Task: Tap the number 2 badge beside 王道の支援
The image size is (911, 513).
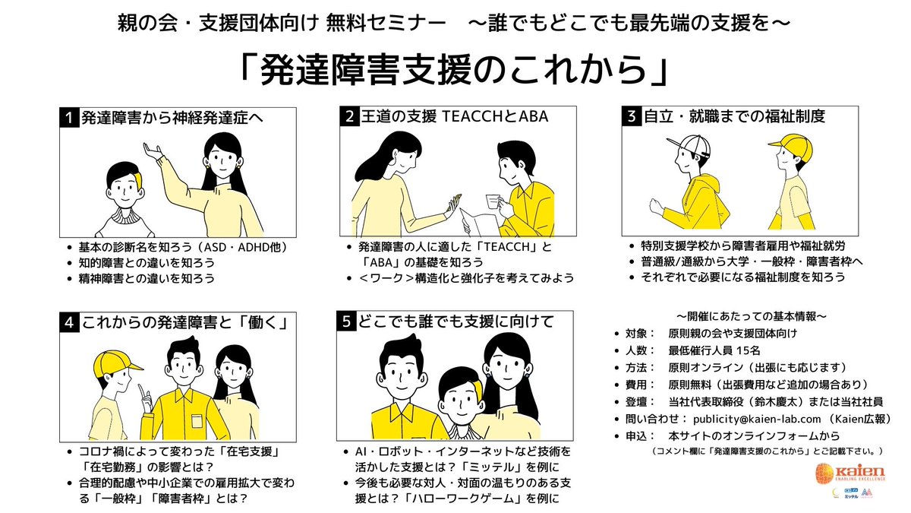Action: point(350,117)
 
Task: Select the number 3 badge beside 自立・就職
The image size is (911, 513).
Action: point(631,117)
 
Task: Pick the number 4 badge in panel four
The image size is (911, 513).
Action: point(70,322)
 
